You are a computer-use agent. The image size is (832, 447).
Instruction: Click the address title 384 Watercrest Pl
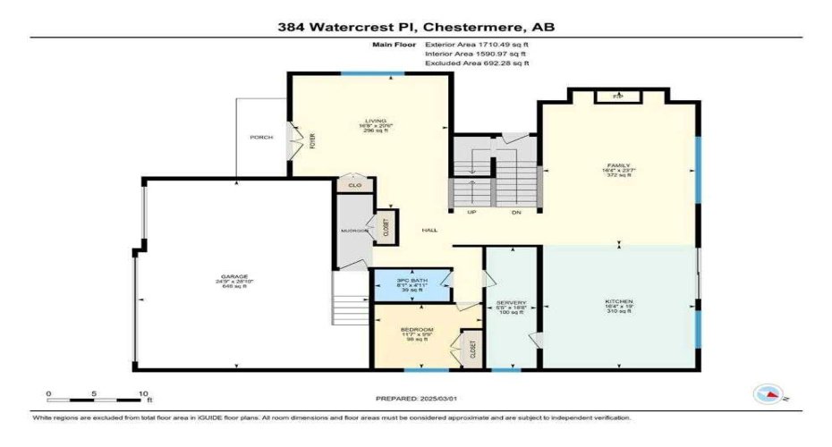[x=415, y=28]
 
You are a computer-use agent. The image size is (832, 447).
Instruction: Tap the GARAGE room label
[x=235, y=277]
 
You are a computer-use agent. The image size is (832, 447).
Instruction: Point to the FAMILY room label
[x=619, y=165]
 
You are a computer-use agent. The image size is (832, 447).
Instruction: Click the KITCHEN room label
[x=619, y=303]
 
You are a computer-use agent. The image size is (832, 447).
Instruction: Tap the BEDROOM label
[x=417, y=330]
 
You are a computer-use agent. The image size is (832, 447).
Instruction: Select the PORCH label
[x=261, y=137]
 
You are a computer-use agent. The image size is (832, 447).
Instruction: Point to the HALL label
[x=430, y=230]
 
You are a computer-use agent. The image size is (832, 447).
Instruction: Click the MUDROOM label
[x=353, y=230]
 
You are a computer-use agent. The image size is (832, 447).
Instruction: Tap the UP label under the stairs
[x=471, y=213]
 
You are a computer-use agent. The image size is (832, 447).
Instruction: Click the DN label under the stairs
[x=516, y=213]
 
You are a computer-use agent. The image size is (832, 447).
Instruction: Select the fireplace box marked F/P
[x=617, y=96]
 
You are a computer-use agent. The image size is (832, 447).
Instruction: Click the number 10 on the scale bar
[x=142, y=393]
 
